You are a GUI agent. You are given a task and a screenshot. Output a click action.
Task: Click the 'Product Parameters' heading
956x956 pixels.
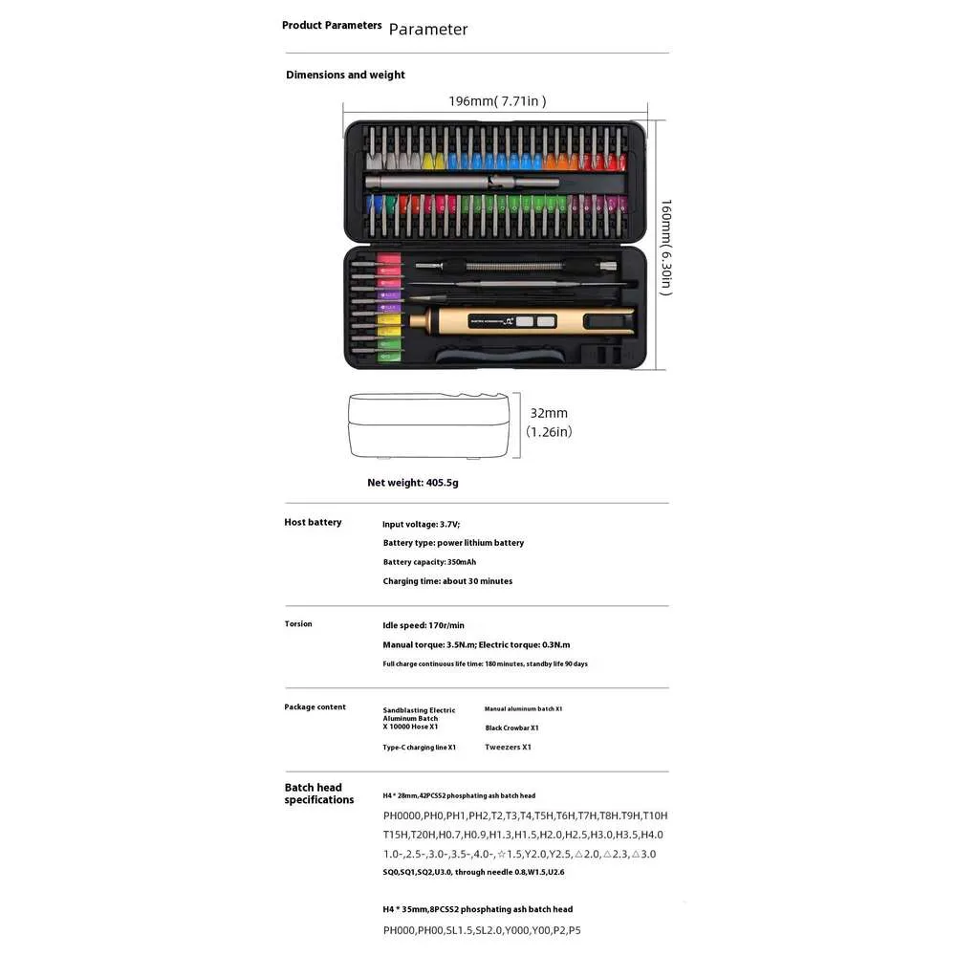pos(332,25)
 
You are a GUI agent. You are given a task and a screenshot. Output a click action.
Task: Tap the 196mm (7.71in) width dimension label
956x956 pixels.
pos(497,100)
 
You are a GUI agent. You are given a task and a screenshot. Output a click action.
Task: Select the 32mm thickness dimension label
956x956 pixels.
pos(549,413)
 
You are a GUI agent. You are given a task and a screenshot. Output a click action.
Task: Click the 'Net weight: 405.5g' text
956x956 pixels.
pos(413,483)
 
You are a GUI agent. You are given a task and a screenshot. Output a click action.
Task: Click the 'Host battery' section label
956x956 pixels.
pos(313,522)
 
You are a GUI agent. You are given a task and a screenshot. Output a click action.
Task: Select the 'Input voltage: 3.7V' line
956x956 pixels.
pos(422,524)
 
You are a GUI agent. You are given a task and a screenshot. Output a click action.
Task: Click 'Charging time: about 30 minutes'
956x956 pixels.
pos(447,581)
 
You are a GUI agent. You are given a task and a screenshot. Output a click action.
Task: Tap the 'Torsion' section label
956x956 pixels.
pos(298,624)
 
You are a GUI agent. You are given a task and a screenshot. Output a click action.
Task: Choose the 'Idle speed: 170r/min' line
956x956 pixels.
pos(424,625)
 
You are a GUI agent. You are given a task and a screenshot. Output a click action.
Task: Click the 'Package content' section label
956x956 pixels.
pos(315,707)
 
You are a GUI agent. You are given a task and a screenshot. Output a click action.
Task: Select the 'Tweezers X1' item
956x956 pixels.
pos(508,748)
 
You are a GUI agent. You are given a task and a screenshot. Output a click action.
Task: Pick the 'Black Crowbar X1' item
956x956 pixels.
pos(511,728)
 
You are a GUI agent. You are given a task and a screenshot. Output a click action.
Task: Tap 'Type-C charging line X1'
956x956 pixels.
pos(420,748)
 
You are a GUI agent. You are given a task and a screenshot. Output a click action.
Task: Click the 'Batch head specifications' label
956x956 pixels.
pos(318,793)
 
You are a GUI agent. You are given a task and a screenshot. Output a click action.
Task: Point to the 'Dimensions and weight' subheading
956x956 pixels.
pos(345,75)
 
